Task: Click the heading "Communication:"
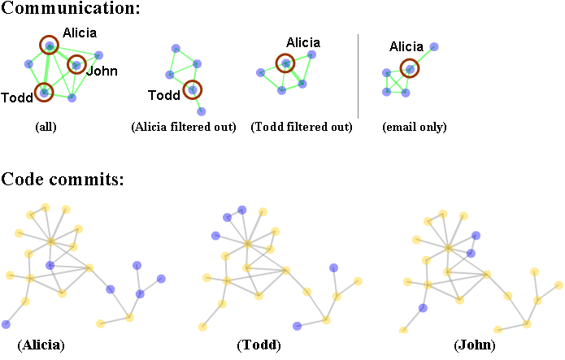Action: click(71, 10)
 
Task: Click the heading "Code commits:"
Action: click(63, 179)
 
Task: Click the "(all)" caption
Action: click(46, 128)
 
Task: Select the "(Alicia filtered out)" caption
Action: click(183, 128)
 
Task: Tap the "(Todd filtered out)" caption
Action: click(302, 128)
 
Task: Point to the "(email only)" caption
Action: click(415, 128)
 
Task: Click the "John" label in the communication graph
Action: click(102, 71)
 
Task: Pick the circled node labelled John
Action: click(76, 64)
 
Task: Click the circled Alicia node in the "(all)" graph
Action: click(50, 46)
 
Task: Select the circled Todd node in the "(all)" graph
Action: click(43, 93)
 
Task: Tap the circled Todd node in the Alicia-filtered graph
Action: click(193, 89)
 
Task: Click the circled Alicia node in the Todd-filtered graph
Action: click(285, 63)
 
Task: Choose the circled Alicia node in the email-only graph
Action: click(410, 69)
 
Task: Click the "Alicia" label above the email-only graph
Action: click(406, 47)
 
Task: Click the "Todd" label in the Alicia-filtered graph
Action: click(163, 96)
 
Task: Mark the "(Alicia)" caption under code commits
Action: click(41, 345)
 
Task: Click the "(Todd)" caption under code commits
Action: click(259, 345)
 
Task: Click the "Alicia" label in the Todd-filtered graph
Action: click(302, 42)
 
